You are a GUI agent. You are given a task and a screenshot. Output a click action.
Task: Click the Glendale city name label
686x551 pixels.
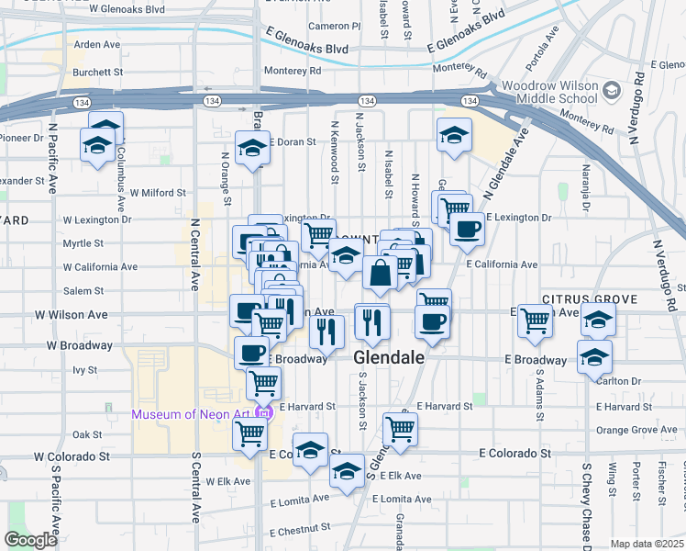coord(389,358)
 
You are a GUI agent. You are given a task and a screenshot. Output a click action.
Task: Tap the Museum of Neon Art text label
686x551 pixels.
coord(191,414)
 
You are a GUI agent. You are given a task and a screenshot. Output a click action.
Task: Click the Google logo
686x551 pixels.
coord(31,540)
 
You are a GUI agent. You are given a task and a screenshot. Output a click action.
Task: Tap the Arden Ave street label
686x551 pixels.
coord(97,44)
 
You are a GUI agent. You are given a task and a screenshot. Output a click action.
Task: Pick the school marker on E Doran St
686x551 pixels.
coord(250,147)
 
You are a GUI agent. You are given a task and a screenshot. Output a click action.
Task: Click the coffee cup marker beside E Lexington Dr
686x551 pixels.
coord(466,230)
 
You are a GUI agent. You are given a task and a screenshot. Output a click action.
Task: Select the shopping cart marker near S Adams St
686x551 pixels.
coord(534,320)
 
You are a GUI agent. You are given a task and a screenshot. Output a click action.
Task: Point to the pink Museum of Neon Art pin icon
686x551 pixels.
coord(264,414)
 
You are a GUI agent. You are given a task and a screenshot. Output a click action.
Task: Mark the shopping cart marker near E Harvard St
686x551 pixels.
coord(400,427)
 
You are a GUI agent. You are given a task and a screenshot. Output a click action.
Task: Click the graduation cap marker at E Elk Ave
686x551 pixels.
coord(346,473)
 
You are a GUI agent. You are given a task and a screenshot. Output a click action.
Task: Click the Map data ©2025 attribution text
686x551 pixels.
coord(646,544)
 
